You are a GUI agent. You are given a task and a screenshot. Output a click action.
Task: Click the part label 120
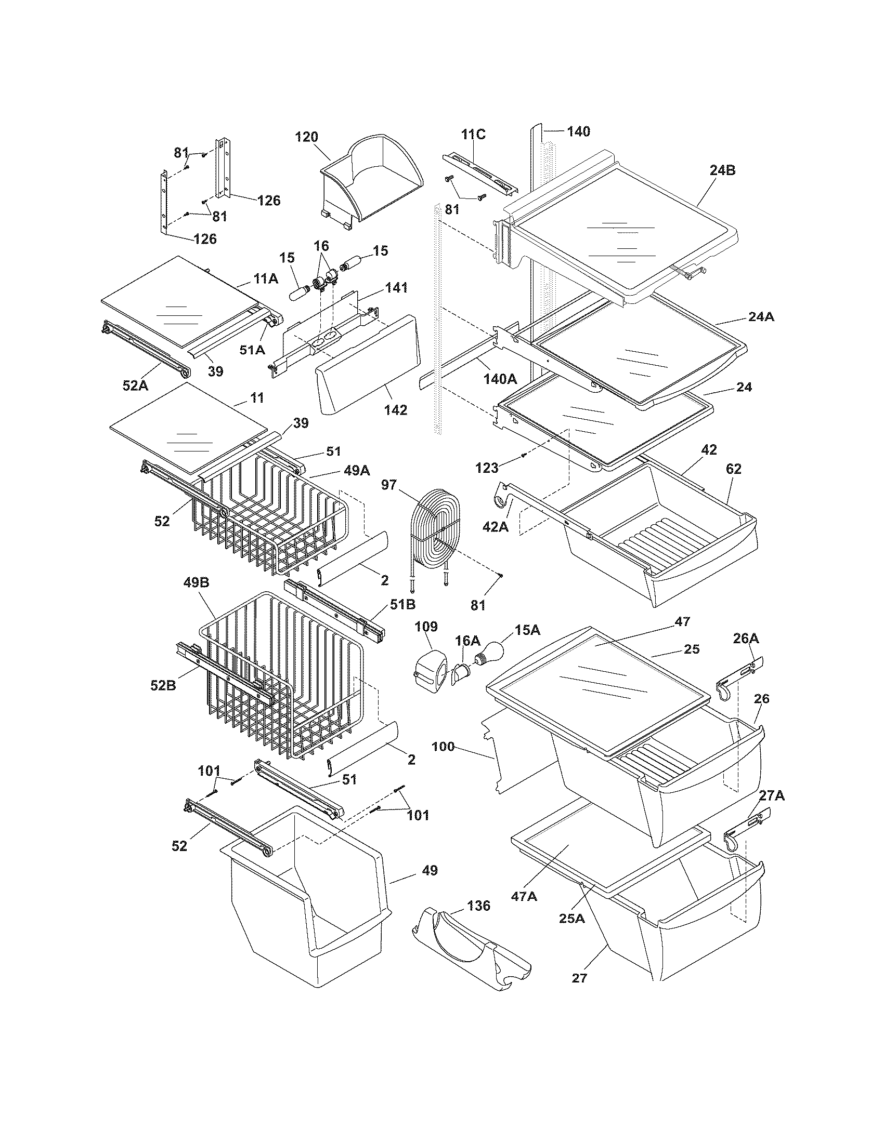306,137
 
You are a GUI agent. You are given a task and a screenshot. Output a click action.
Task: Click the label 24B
722,170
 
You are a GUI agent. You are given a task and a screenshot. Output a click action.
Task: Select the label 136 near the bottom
478,906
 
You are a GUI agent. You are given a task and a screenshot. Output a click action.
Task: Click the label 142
395,410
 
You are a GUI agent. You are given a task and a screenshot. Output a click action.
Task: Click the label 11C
473,135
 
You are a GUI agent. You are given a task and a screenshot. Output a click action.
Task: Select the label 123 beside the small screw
487,468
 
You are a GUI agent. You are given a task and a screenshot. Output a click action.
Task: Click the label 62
734,469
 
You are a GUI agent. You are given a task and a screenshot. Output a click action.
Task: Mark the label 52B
163,685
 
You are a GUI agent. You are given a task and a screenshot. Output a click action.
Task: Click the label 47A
524,897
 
